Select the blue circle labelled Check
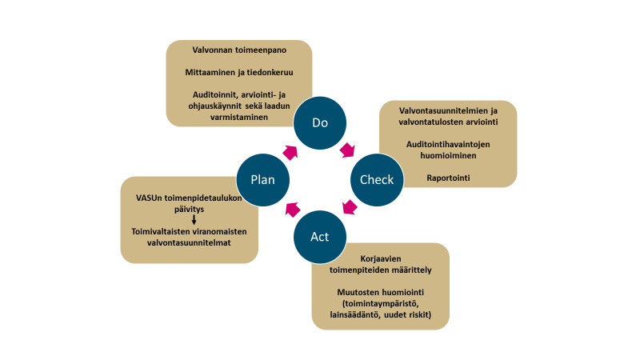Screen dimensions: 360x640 click(377, 179)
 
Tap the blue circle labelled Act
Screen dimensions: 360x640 click(319, 237)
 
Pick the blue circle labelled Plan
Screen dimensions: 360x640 click(263, 179)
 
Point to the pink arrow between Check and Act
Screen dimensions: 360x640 click(350, 208)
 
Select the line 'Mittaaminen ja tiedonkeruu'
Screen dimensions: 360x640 click(238, 72)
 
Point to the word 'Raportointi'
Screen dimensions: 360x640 click(447, 176)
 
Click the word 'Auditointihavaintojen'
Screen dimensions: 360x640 click(447, 145)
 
